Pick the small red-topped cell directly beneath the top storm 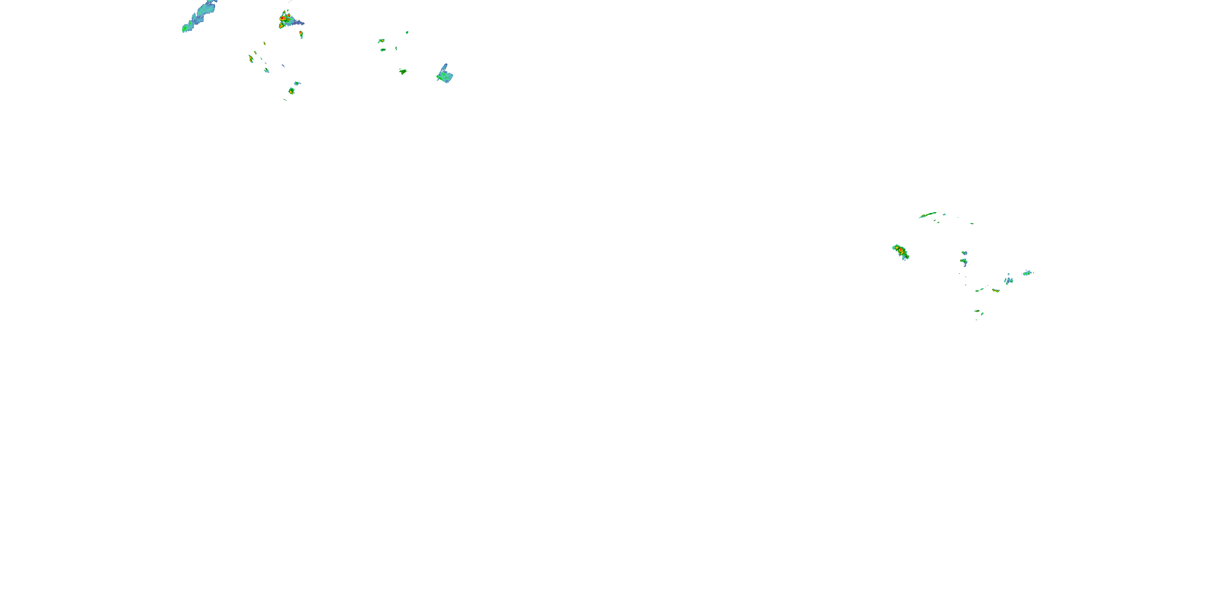pyautogui.click(x=301, y=34)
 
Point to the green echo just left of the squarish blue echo pyautogui.click(x=403, y=72)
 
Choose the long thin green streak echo pyautogui.click(x=928, y=215)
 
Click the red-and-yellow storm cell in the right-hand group pyautogui.click(x=900, y=252)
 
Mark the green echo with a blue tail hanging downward pyautogui.click(x=964, y=261)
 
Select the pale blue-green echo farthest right pyautogui.click(x=1028, y=273)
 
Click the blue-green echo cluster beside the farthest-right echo pyautogui.click(x=1008, y=280)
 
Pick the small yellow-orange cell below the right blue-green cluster pyautogui.click(x=995, y=290)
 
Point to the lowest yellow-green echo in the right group pyautogui.click(x=977, y=312)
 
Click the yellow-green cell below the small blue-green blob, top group pyautogui.click(x=292, y=91)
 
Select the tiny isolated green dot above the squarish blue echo pyautogui.click(x=407, y=32)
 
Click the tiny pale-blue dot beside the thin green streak pyautogui.click(x=944, y=214)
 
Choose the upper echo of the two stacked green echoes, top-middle pyautogui.click(x=381, y=41)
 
